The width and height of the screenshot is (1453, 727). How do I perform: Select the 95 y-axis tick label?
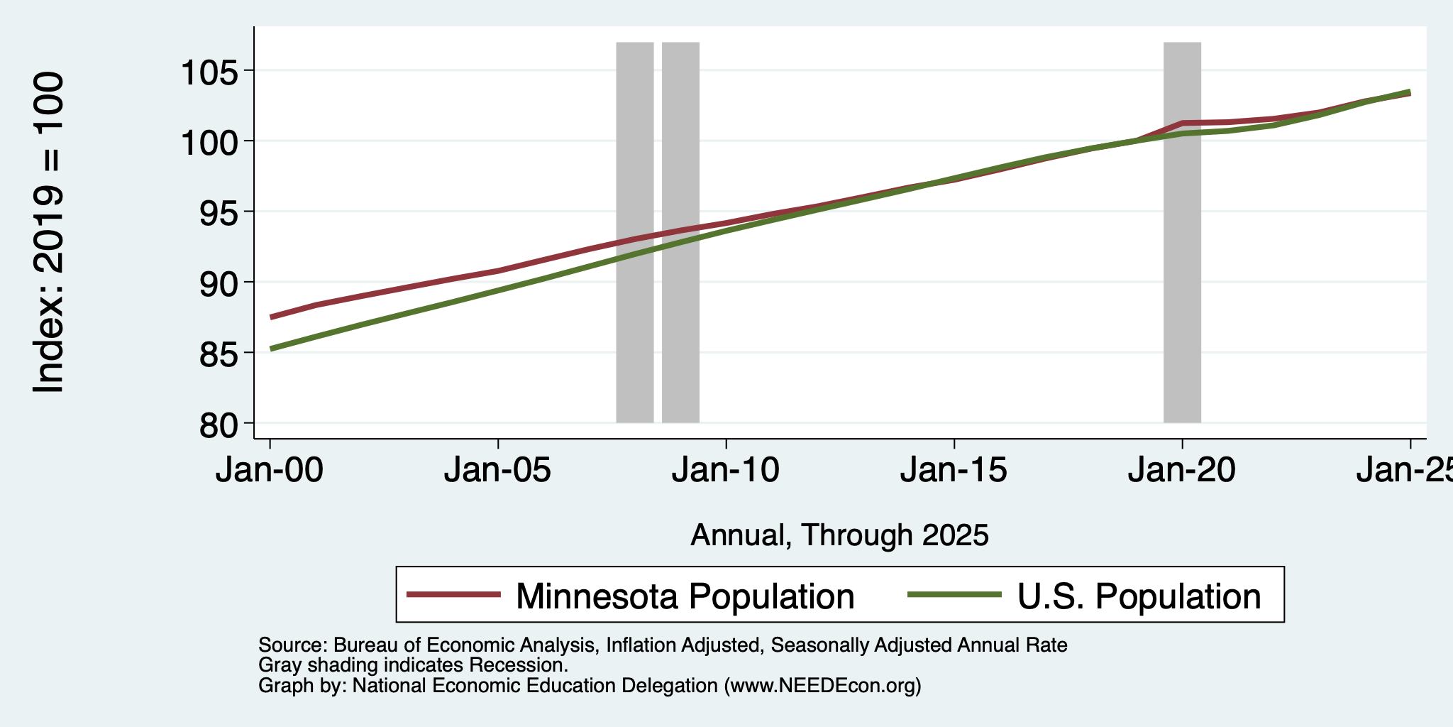click(x=221, y=212)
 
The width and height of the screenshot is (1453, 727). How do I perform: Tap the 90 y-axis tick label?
click(x=221, y=282)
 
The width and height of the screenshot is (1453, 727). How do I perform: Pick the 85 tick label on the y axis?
click(x=221, y=353)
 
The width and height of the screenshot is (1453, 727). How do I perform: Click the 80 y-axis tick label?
click(x=221, y=423)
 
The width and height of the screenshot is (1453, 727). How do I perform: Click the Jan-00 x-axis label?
click(x=270, y=470)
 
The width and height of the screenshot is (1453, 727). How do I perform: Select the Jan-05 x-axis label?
click(x=498, y=470)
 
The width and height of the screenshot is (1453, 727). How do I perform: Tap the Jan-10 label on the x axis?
click(x=726, y=470)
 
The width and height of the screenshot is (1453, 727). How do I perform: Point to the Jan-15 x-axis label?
click(x=954, y=470)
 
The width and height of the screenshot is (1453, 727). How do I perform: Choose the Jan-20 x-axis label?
click(x=1182, y=470)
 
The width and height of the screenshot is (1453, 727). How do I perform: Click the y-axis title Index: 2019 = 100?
click(x=49, y=232)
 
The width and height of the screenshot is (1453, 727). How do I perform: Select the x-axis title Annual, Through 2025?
click(x=839, y=535)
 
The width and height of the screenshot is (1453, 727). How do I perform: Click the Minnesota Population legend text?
click(x=685, y=596)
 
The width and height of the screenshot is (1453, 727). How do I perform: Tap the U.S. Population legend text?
click(x=1139, y=596)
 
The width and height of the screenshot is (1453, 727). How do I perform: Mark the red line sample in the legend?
click(x=454, y=595)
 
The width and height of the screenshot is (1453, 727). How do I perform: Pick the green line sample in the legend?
click(x=956, y=595)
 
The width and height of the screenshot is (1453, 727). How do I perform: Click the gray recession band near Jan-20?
click(x=1183, y=232)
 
